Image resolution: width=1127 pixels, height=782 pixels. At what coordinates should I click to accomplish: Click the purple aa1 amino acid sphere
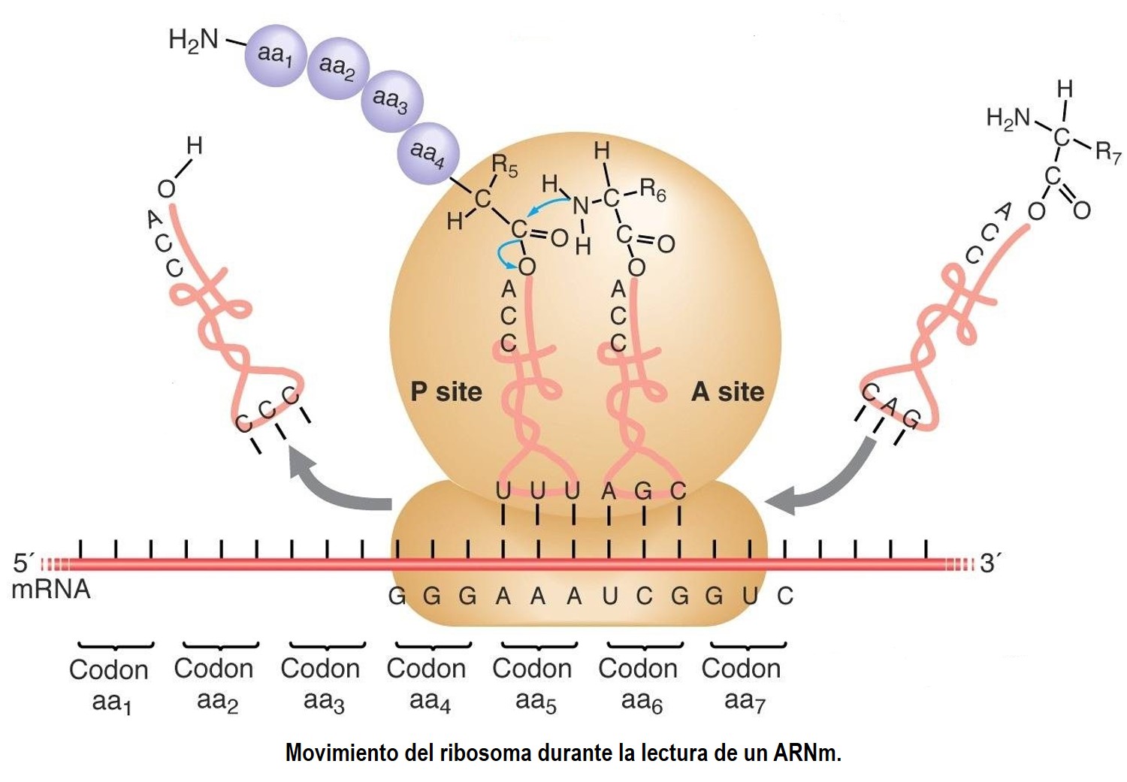coord(276,56)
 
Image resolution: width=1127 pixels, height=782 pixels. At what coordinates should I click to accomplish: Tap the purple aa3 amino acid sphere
coord(392,101)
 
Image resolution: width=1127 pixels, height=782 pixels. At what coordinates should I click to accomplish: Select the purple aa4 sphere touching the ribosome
coord(428,153)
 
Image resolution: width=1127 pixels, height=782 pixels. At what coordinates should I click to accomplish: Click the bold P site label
coord(446,392)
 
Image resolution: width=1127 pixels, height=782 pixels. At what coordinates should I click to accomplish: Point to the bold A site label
coord(727,392)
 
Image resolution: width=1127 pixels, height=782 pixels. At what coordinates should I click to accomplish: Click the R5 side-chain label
coord(505,166)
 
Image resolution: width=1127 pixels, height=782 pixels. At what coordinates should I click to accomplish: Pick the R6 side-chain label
coord(653,191)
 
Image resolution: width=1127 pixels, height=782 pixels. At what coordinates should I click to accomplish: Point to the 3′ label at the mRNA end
coord(990,563)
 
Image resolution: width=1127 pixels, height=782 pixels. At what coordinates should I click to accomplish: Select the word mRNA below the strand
coord(51,590)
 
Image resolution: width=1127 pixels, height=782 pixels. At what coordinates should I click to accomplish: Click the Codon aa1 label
coord(109,686)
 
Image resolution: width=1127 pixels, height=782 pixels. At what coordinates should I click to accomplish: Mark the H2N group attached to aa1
coord(193,41)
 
